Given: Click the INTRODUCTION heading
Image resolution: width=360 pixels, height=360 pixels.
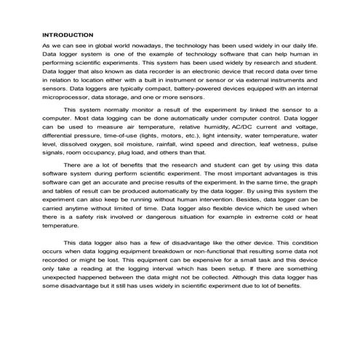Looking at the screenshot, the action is (x=68, y=35).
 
